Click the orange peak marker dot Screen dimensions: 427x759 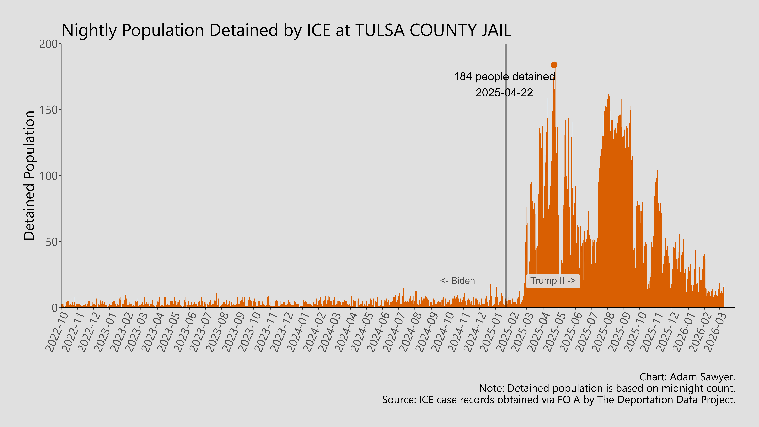[554, 65]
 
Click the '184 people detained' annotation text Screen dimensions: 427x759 [504, 77]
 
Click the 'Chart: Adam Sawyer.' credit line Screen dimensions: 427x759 [687, 377]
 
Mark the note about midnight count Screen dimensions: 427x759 [607, 388]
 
